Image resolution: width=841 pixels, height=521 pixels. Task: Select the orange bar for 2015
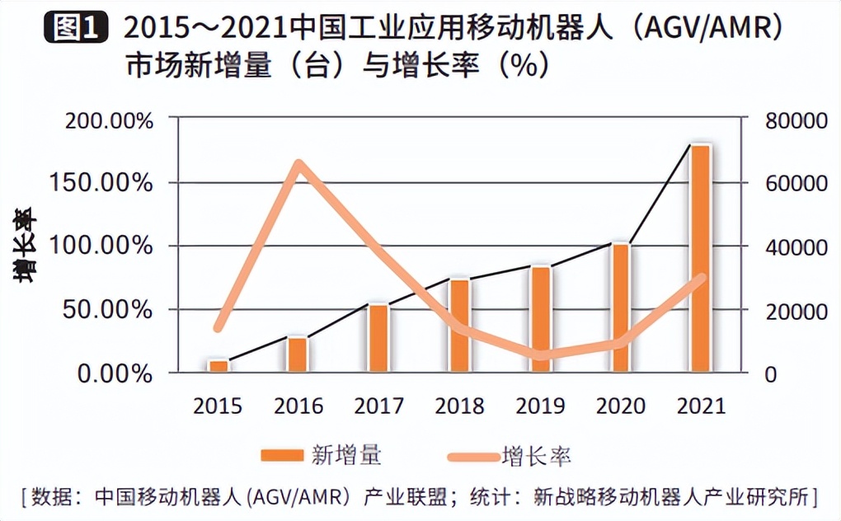(218, 366)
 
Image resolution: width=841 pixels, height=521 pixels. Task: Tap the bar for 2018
(458, 326)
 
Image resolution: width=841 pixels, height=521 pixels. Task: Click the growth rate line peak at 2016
(299, 163)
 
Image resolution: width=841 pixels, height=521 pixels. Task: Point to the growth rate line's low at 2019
(540, 355)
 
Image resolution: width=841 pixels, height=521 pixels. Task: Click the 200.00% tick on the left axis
(110, 120)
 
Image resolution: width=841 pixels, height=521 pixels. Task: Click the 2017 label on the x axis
(378, 406)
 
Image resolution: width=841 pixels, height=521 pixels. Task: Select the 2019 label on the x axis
(539, 406)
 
